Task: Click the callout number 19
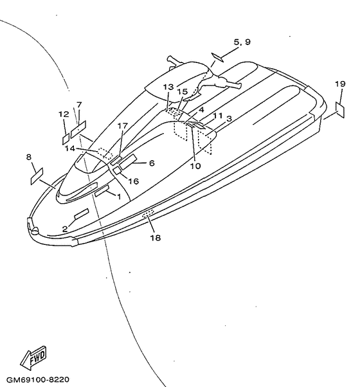(340, 84)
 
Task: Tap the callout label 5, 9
(242, 42)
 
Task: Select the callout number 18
(156, 238)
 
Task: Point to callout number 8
(29, 157)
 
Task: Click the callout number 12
(64, 114)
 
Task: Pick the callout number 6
(152, 163)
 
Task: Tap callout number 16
(134, 181)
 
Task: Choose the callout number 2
(65, 229)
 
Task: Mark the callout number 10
(195, 166)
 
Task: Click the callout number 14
(70, 148)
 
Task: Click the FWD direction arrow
(33, 357)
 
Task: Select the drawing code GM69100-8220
(38, 379)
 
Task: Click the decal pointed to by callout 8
(37, 176)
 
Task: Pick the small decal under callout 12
(66, 139)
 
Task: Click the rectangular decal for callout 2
(82, 213)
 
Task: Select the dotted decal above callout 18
(148, 213)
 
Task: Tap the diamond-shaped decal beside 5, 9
(217, 57)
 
